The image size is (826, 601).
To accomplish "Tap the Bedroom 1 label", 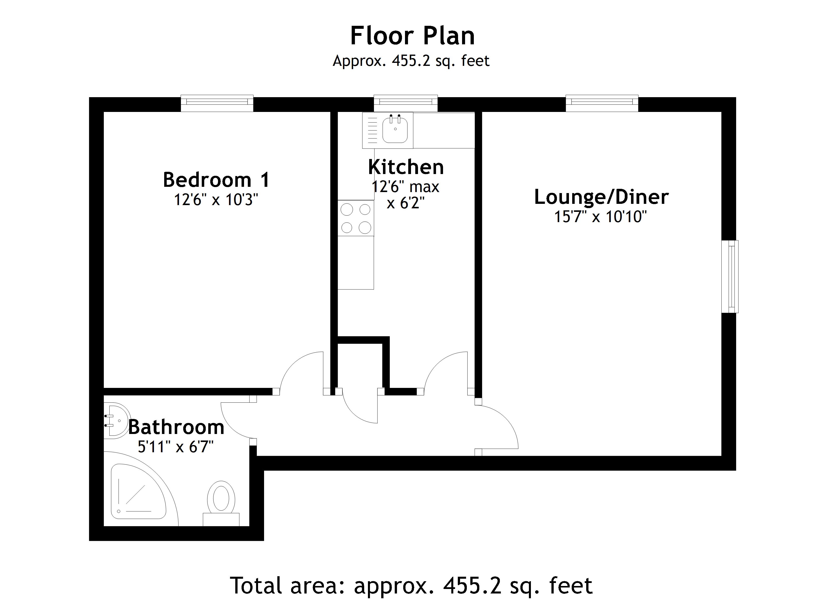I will click(x=216, y=180).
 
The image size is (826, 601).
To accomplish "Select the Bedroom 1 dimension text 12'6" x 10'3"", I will click(x=216, y=200).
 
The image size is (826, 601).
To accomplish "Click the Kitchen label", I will click(x=406, y=167).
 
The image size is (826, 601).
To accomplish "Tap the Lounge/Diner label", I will click(x=601, y=197).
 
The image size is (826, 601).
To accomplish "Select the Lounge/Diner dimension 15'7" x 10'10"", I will click(x=600, y=217).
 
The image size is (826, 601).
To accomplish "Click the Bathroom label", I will click(x=176, y=427).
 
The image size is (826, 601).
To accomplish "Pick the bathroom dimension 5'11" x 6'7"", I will click(x=175, y=447).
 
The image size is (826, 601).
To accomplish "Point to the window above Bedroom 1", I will click(x=217, y=103).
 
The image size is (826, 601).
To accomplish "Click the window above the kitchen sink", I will click(x=406, y=103).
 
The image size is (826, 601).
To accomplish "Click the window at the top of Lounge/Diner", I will click(x=602, y=103).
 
